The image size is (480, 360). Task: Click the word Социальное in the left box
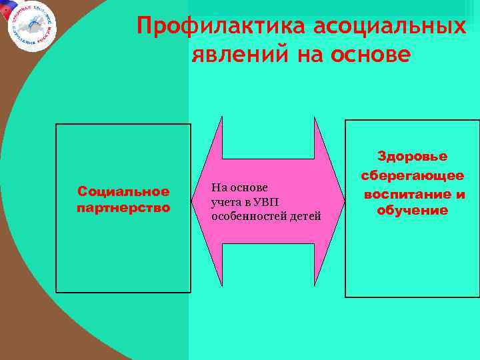(x=124, y=192)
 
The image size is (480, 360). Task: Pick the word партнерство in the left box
(x=124, y=207)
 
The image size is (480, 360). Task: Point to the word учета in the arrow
(x=226, y=202)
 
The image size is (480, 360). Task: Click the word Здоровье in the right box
(x=413, y=157)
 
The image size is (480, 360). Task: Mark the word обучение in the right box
(x=413, y=211)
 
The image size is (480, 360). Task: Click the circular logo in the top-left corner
(x=31, y=25)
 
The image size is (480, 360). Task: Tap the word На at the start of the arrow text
(x=219, y=189)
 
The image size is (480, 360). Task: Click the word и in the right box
(x=459, y=194)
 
